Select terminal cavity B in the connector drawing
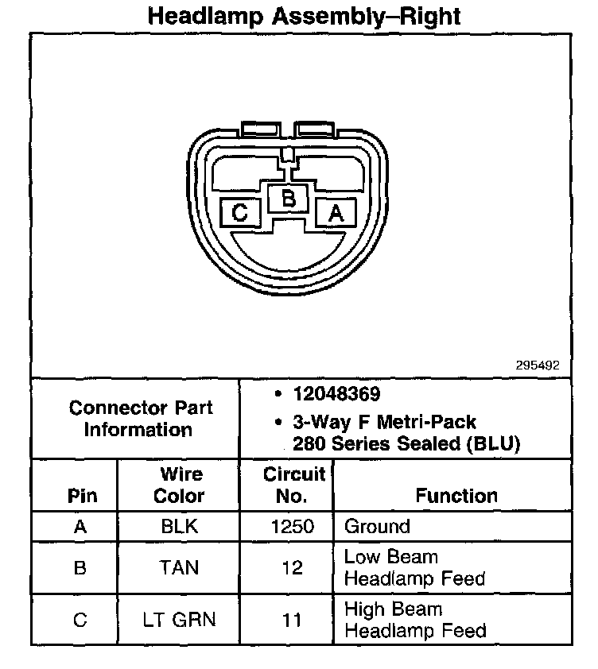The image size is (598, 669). pos(289,198)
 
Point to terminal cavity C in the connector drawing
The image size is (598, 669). pos(240,213)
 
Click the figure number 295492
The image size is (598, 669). pos(538,365)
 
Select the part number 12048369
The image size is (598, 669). pos(336,394)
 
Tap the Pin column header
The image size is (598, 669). pos(82,496)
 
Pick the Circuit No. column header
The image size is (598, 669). pos(293,485)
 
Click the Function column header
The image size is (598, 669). pos(456,496)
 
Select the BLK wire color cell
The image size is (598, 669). pos(179,526)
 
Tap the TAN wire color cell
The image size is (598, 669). pos(179,567)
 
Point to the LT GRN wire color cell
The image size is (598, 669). pos(179,620)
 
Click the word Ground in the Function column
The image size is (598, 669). pos(377,526)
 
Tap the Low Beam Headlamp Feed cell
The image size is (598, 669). pos(414,567)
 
